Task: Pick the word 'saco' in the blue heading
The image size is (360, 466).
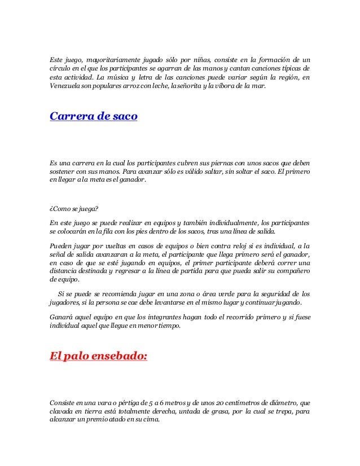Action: (x=124, y=117)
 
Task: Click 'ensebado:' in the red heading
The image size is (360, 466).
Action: (x=118, y=357)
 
